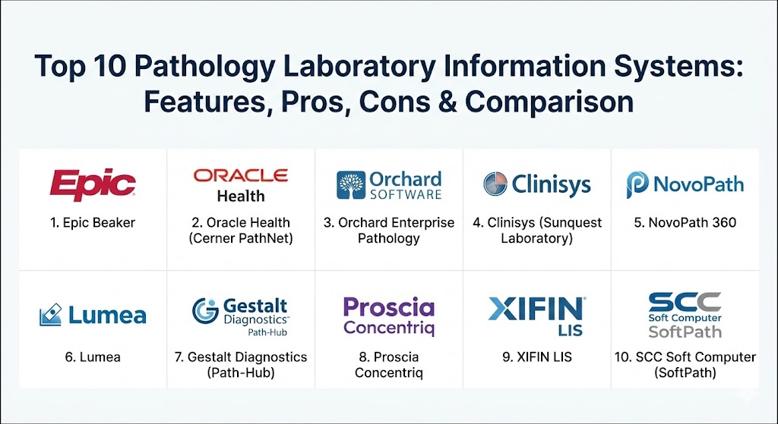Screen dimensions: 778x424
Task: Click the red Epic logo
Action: pos(93,184)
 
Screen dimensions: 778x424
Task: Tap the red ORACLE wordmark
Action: pos(241,175)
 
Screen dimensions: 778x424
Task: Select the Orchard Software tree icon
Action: pos(351,185)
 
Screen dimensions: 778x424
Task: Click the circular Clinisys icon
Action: pos(495,184)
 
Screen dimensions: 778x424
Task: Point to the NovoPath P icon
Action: pos(637,185)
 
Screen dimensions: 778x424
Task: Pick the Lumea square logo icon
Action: pos(51,315)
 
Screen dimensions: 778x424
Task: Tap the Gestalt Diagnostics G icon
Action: pos(205,311)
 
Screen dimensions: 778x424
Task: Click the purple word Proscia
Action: pos(388,307)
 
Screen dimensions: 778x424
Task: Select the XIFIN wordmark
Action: pos(537,309)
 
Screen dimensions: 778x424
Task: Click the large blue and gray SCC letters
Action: pos(685,302)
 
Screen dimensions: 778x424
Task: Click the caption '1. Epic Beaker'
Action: pos(93,223)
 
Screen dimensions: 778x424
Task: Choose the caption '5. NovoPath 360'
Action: pos(685,223)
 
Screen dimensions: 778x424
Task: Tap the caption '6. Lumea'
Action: pos(93,357)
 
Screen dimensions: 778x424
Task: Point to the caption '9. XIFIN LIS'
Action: pos(537,357)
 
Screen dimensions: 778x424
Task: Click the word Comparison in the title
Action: pos(549,103)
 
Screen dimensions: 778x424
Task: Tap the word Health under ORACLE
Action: pos(241,196)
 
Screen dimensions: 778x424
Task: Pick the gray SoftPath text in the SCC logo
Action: pos(685,332)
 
